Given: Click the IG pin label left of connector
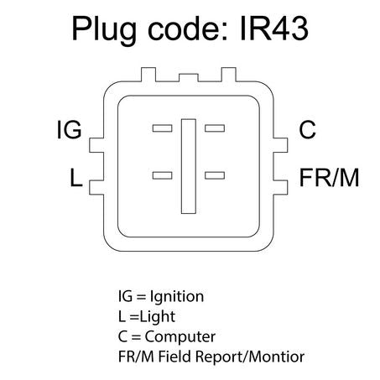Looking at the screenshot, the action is pos(69,129).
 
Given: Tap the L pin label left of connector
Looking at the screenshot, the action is pos(75,177).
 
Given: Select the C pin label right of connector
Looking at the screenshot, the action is pos(307,129).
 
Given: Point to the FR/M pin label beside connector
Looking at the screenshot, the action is pos(329,177).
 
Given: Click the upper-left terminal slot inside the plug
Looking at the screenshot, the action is pos(162,128).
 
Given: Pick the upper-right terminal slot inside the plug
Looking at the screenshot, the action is pos(215,128).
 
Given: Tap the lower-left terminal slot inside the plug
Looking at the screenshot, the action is pos(162,175).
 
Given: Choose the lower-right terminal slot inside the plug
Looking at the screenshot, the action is pos(215,175).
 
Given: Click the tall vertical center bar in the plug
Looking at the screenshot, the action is pos(189,166).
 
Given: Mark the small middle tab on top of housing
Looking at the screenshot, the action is pos(189,78).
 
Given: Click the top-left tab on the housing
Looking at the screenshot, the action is pos(148,75).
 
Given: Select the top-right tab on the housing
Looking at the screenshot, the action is pos(229,75).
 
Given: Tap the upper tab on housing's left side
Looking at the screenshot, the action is pos(96,145).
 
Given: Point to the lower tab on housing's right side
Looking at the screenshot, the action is pos(280,187).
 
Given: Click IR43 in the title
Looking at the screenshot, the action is pos(274,29).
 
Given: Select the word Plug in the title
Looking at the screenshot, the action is pos(104,30).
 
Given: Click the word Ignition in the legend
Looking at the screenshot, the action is pos(177,297).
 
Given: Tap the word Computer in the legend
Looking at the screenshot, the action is pos(180,337).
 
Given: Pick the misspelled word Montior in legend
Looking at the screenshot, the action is pos(276,357).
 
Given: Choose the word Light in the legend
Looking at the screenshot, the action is pos(158,317).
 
